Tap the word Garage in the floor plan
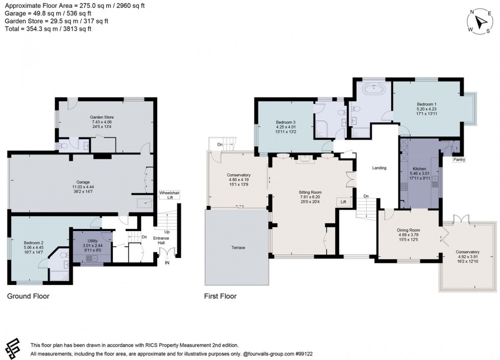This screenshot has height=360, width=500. coord(83,182)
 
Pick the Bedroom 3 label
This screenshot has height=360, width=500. coord(286,122)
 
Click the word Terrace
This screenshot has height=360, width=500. coord(238,248)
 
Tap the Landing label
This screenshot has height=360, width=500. coord(379,168)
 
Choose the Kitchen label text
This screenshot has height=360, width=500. coord(419,169)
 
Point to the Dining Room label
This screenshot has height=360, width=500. coord(408,230)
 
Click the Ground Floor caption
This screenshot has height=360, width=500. coord(28,296)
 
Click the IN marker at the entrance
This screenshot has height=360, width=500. coord(167,263)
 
